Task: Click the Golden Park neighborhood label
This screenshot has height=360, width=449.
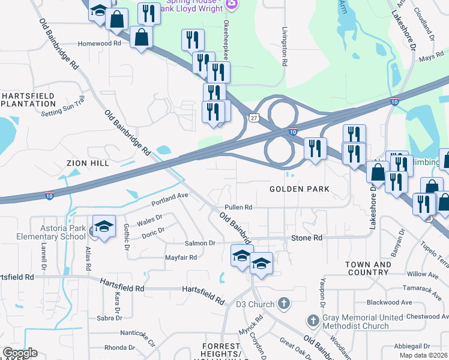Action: point(300,189)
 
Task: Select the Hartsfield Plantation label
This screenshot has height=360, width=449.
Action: point(28,100)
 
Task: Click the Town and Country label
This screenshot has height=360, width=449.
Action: point(368,268)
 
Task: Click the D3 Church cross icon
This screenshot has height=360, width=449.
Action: point(285,304)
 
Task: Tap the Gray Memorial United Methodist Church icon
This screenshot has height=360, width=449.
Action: point(313,321)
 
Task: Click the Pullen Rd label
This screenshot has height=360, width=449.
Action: point(238,207)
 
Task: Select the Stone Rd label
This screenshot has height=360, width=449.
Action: point(307,238)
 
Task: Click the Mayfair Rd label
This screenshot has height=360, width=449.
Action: point(181,258)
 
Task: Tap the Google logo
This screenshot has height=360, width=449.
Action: point(20,353)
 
